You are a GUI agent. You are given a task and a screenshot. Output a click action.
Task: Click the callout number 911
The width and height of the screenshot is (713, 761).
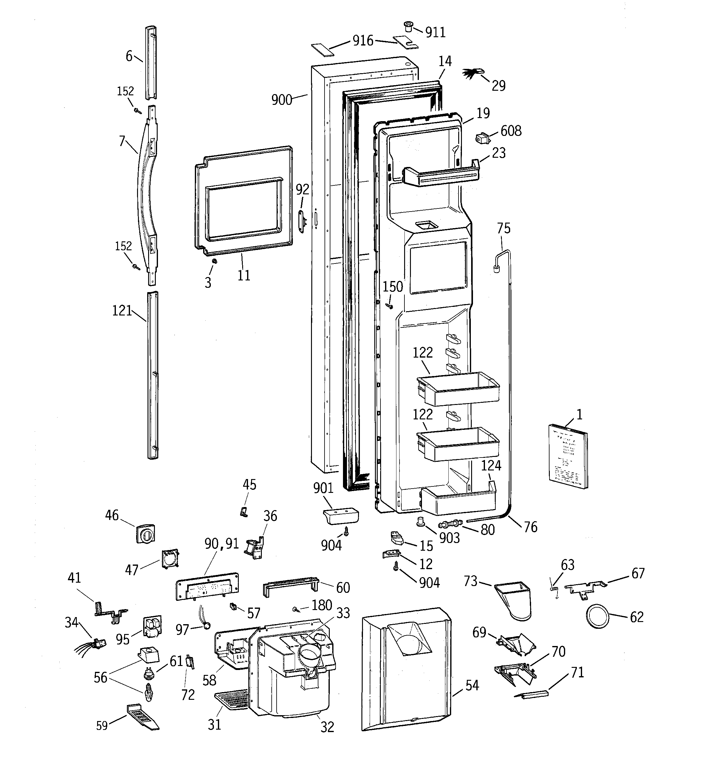(x=435, y=33)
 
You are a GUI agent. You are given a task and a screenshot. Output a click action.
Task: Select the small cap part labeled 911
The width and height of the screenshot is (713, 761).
(x=408, y=27)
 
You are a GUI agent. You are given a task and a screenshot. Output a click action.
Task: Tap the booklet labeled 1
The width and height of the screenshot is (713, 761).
(x=568, y=456)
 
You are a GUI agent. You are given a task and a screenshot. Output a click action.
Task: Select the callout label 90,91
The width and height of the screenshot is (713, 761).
(x=221, y=544)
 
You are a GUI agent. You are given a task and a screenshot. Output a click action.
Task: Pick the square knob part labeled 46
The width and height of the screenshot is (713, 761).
(x=145, y=533)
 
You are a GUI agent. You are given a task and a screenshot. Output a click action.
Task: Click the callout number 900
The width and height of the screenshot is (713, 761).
(x=282, y=100)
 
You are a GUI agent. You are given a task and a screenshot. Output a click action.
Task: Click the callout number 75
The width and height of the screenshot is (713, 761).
(x=504, y=228)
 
